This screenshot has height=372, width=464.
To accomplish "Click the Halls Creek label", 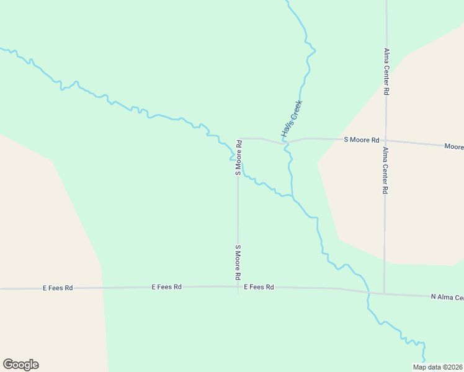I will pyautogui.click(x=291, y=118).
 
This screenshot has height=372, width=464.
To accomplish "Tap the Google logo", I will pyautogui.click(x=20, y=365).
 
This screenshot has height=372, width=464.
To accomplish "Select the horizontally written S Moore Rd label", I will pyautogui.click(x=361, y=140).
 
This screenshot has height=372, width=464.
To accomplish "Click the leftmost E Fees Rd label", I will pyautogui.click(x=58, y=288).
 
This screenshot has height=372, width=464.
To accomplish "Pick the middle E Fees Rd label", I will pyautogui.click(x=166, y=287).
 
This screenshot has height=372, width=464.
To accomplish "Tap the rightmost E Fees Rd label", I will pyautogui.click(x=259, y=287).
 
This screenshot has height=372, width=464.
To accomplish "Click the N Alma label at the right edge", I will pyautogui.click(x=447, y=298).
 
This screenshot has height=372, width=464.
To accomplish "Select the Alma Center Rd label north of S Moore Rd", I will pyautogui.click(x=386, y=71).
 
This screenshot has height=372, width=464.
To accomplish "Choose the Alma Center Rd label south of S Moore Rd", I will pyautogui.click(x=385, y=170).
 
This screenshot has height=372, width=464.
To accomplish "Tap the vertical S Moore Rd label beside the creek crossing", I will pyautogui.click(x=238, y=157).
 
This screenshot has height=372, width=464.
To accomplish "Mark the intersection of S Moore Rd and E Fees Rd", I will pyautogui.click(x=238, y=287).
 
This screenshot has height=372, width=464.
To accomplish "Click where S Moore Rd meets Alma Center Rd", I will pyautogui.click(x=385, y=141).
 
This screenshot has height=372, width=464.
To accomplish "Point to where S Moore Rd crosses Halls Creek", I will pyautogui.click(x=286, y=143).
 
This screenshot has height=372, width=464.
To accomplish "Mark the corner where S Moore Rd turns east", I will pyautogui.click(x=239, y=138).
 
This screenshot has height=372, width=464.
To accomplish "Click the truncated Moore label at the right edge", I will pyautogui.click(x=453, y=147).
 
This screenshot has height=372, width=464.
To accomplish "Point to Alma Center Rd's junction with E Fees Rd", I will pyautogui.click(x=384, y=293).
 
